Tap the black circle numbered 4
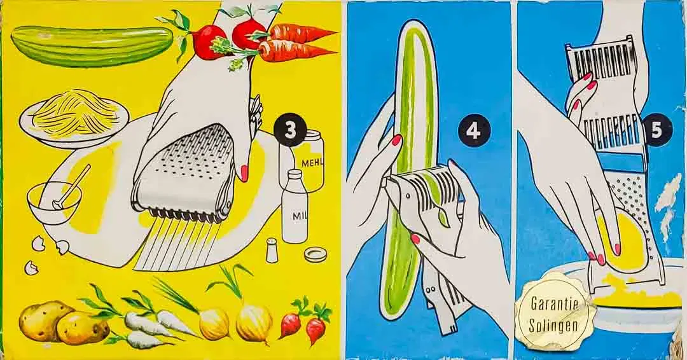pyautogui.click(x=473, y=132)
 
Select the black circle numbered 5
pyautogui.click(x=656, y=131)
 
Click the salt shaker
pyautogui.click(x=272, y=250)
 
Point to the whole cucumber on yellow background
pyautogui.click(x=92, y=46)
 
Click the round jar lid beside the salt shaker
pyautogui.click(x=316, y=254)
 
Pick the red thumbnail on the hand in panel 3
pyautogui.click(x=244, y=172)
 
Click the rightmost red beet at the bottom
pyautogui.click(x=315, y=327)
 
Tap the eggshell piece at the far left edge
pyautogui.click(x=31, y=267)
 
